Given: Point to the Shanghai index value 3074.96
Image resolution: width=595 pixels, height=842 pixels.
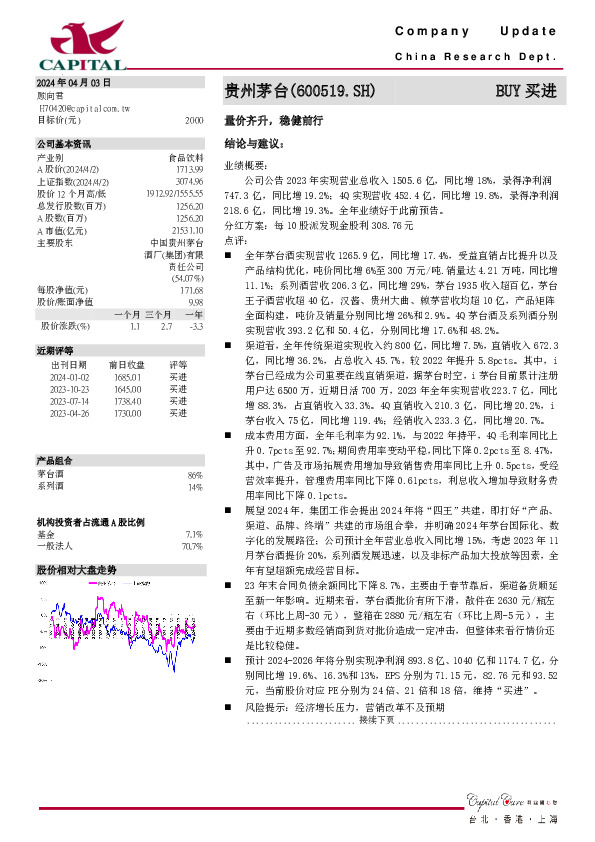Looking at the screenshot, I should pyautogui.click(x=189, y=180).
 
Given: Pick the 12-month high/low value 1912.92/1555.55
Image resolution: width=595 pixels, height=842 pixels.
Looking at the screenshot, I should pyautogui.click(x=174, y=192).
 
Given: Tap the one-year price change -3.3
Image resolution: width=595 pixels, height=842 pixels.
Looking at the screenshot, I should pyautogui.click(x=196, y=326).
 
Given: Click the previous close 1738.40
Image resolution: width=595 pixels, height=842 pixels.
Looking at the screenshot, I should pyautogui.click(x=125, y=400).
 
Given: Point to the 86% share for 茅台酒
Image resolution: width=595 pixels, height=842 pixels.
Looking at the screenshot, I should pyautogui.click(x=195, y=475).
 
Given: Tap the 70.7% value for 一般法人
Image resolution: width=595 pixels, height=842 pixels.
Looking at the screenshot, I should pyautogui.click(x=192, y=547).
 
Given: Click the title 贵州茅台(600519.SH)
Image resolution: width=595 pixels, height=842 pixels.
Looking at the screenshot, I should pyautogui.click(x=300, y=91).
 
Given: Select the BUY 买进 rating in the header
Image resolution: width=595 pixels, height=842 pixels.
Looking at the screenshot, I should pyautogui.click(x=525, y=91).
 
